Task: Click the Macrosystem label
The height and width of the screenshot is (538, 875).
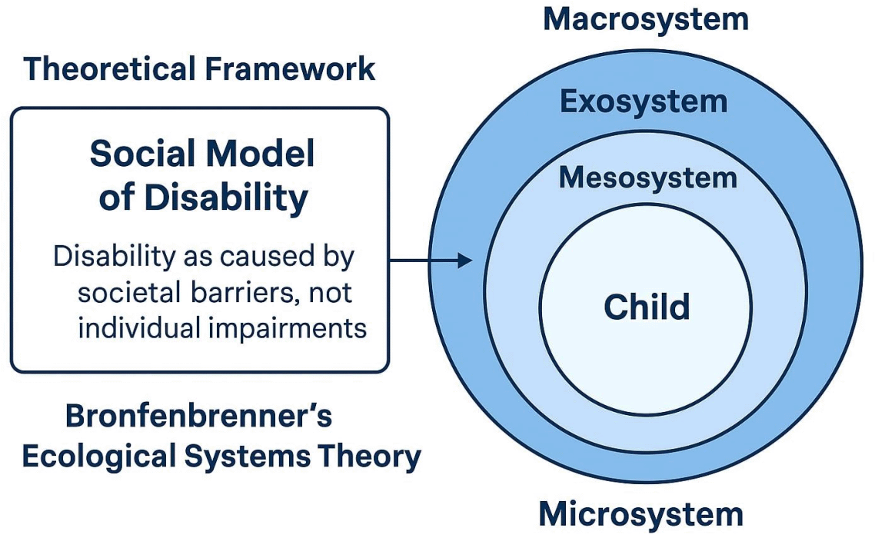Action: (645, 19)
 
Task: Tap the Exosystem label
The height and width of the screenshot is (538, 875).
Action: (644, 101)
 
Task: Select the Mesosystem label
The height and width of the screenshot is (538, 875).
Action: (647, 178)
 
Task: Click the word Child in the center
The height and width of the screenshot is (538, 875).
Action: (647, 307)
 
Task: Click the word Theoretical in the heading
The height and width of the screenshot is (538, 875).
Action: (107, 69)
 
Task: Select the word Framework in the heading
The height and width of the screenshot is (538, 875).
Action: (289, 69)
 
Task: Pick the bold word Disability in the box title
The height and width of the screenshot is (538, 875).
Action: (226, 198)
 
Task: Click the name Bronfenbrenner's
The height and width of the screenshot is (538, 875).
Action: (198, 416)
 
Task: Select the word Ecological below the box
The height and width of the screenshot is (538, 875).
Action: (100, 457)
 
